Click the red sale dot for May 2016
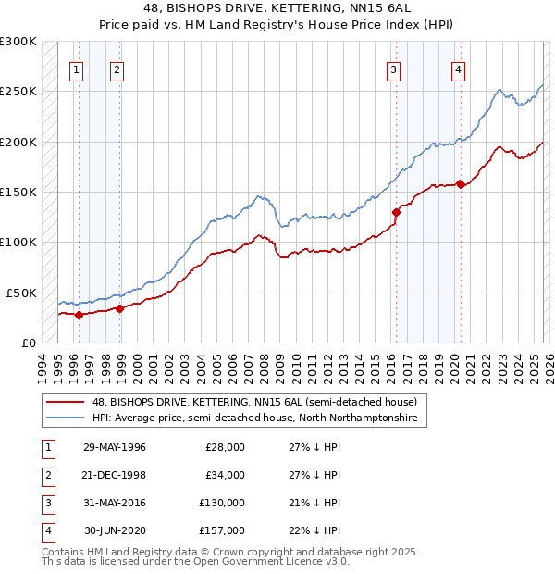[396, 212]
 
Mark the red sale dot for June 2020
[461, 185]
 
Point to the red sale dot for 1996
[79, 315]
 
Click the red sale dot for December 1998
[120, 308]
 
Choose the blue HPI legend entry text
[254, 418]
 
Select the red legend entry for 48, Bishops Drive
[254, 403]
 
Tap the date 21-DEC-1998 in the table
[114, 475]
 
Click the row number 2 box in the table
[46, 475]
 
